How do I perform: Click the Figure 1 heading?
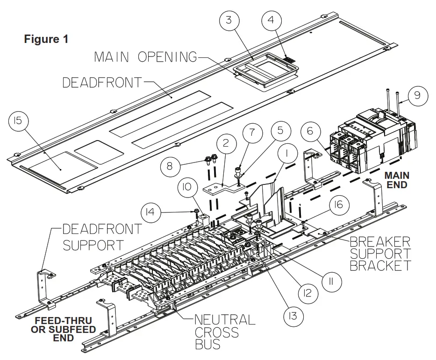(x=46, y=39)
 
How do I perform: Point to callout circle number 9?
(x=417, y=95)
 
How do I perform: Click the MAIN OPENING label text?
(x=145, y=57)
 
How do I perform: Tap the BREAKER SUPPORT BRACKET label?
(x=380, y=254)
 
